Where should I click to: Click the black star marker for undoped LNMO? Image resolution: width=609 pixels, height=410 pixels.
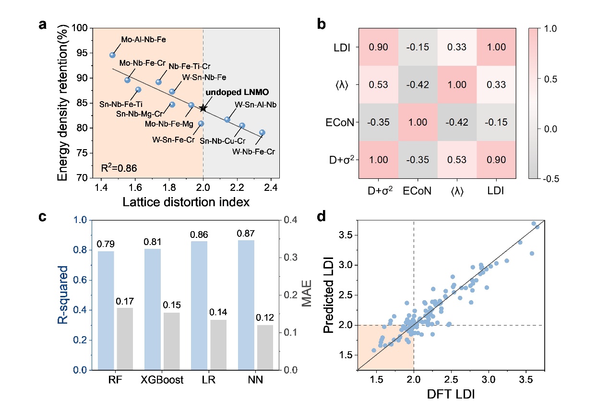pyautogui.click(x=203, y=108)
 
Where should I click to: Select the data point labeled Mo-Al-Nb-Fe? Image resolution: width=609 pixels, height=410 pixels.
pyautogui.click(x=112, y=55)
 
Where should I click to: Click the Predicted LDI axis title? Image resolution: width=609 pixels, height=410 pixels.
pyautogui.click(x=329, y=294)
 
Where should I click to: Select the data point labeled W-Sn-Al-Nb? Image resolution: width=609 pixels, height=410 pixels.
pyautogui.click(x=227, y=119)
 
